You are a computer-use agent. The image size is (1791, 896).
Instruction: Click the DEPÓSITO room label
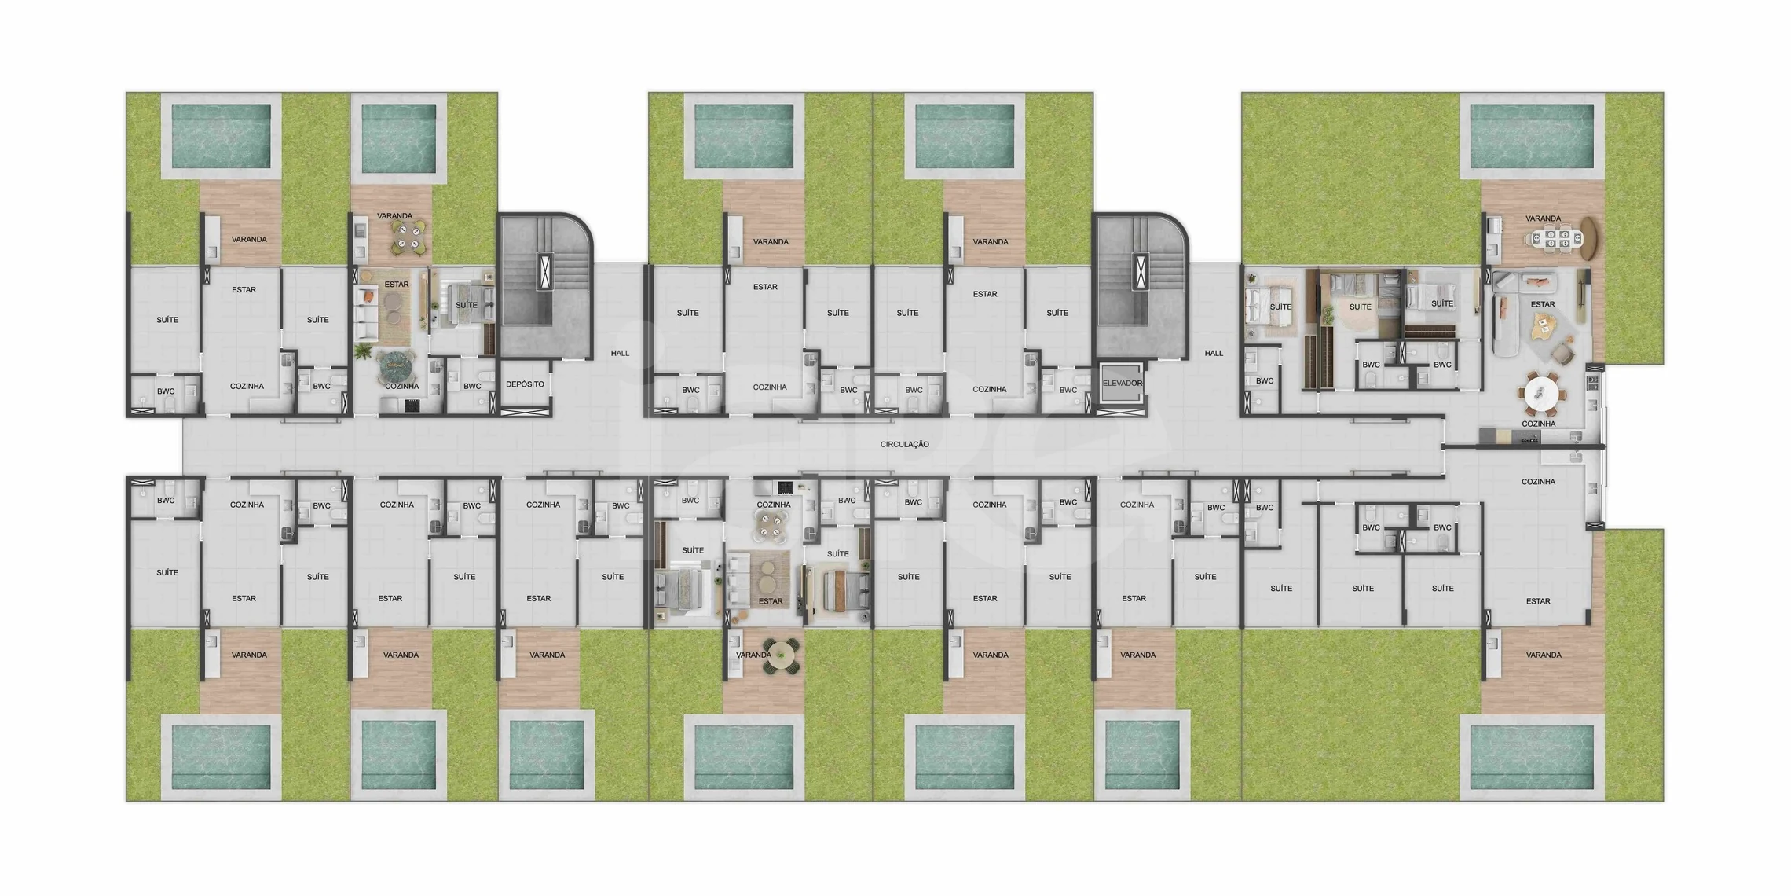coord(525,384)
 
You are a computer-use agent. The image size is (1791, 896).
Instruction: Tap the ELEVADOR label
coord(1122,384)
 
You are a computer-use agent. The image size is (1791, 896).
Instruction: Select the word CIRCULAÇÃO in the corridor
coord(904,445)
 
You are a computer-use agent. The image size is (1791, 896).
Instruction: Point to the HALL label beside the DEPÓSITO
coord(620,354)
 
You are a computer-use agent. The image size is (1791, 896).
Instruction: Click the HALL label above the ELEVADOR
coord(1214,354)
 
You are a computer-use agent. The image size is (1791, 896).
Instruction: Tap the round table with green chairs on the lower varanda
coord(781,655)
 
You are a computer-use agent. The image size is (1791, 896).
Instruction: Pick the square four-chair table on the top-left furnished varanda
coord(408,238)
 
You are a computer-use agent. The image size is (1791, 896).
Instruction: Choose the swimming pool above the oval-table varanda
coord(1531,137)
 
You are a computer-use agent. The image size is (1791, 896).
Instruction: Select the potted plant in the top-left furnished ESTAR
coord(364,351)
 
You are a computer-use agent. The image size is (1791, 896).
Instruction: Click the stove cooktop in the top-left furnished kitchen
coord(412,406)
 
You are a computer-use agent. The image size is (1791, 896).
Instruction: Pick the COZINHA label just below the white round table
coord(1538,424)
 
